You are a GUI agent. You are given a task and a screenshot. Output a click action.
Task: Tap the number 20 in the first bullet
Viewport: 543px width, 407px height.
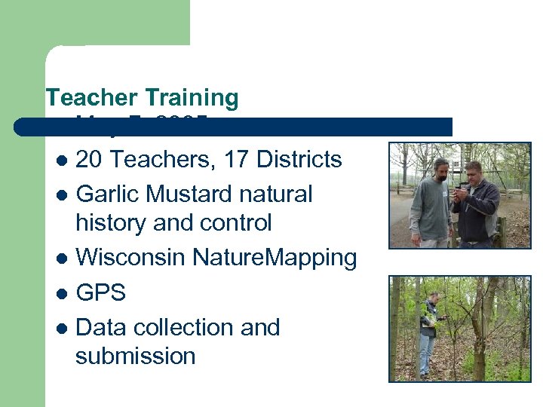(x=90, y=160)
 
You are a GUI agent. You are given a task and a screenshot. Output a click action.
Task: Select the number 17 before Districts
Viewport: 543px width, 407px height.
(x=232, y=160)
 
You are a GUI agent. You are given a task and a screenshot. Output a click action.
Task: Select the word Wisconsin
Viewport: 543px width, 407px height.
(x=131, y=258)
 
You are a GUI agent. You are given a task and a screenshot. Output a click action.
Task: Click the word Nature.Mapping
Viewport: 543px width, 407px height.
(x=275, y=258)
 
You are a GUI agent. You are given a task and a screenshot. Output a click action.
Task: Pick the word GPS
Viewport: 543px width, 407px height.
(x=101, y=292)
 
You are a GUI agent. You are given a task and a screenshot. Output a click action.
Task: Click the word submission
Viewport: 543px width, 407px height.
(x=136, y=356)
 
